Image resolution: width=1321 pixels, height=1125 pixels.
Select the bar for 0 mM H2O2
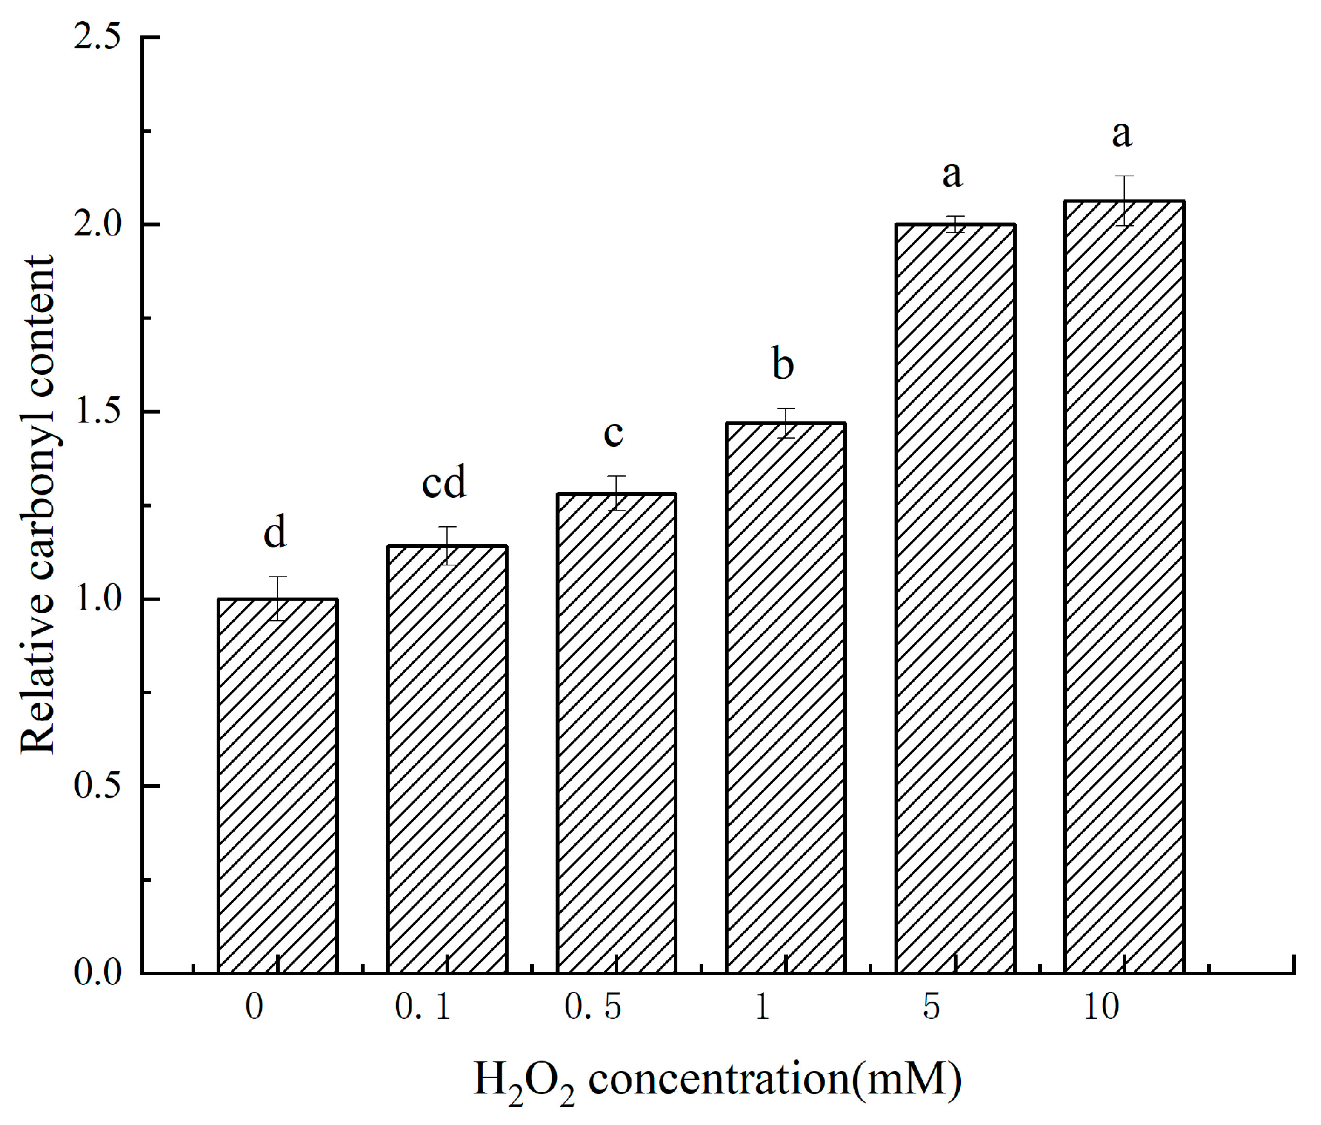[x=278, y=785]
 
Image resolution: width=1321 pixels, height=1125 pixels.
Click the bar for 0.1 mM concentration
[x=447, y=759]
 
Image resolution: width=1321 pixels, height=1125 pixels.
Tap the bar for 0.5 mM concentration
[x=616, y=733]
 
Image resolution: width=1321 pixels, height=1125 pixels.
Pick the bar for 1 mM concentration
[x=785, y=698]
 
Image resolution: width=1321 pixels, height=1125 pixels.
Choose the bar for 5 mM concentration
[x=955, y=598]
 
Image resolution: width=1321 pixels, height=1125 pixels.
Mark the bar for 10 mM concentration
[x=1124, y=587]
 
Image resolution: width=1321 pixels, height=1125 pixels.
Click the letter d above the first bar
[x=275, y=532]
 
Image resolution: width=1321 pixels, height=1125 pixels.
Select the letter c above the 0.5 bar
[x=614, y=434]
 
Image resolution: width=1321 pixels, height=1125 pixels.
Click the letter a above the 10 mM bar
[x=1122, y=135]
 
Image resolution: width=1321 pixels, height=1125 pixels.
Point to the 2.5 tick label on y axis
[x=97, y=37]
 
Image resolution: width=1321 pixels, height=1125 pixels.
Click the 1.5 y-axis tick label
[x=97, y=411]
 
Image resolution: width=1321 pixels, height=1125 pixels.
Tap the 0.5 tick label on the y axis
[x=97, y=785]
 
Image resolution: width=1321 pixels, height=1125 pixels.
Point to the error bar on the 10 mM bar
[x=1124, y=201]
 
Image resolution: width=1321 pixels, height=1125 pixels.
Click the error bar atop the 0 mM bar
[x=278, y=598]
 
